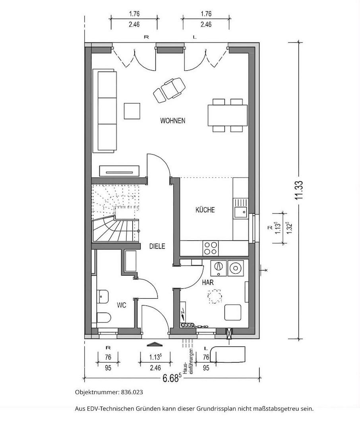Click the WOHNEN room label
point(173,121)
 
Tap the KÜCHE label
point(205,210)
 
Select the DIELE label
point(157,246)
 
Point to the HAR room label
point(208,282)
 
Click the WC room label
point(121,305)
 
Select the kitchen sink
point(240,208)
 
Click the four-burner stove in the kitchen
point(210,248)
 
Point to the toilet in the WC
point(103,318)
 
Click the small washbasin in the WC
point(103,296)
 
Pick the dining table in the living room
point(228,115)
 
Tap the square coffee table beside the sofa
point(132,111)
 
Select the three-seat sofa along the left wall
point(105,111)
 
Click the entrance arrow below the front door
point(155,344)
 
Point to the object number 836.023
point(132,392)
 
